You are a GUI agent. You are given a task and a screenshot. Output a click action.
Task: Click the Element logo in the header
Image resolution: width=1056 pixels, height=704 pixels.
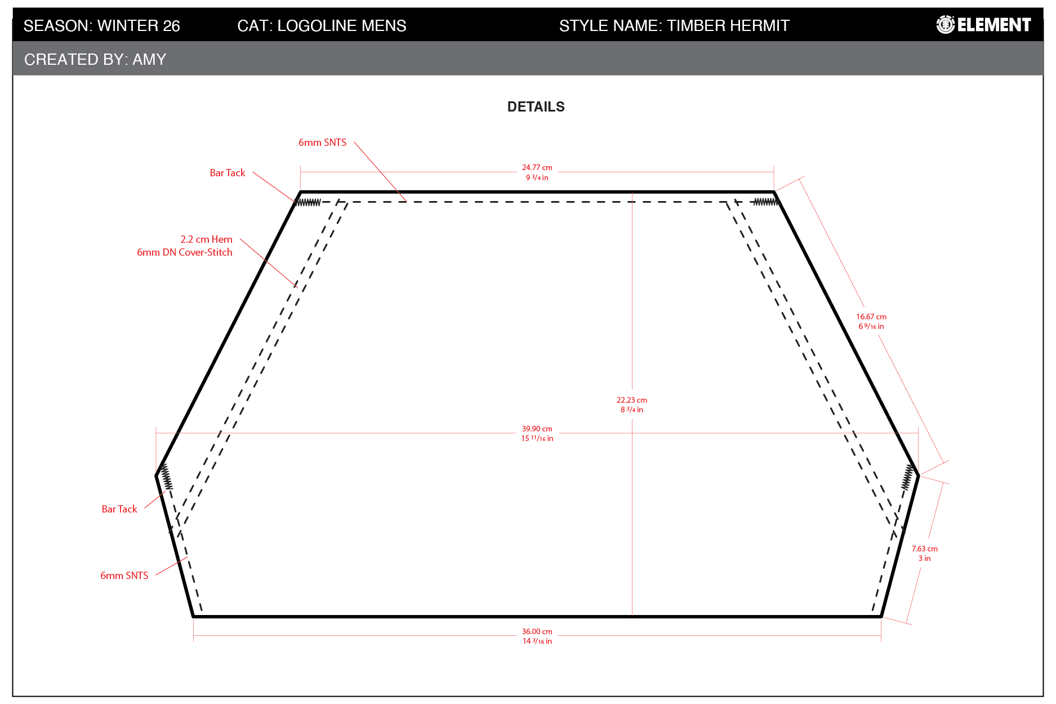point(983,25)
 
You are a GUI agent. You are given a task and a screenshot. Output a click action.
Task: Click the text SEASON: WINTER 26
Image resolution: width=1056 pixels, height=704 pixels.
point(102,26)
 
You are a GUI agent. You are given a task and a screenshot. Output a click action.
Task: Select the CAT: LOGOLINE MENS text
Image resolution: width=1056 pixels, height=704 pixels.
point(322,26)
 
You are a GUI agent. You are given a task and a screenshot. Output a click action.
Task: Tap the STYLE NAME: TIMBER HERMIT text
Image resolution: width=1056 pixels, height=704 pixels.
point(674,26)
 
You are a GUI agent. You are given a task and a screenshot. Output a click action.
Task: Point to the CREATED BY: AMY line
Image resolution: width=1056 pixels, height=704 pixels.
point(95,60)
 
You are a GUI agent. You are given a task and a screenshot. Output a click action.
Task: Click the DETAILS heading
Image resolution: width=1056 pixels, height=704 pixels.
point(536,107)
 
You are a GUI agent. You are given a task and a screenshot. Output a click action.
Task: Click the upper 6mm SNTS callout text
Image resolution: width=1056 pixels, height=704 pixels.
point(323,142)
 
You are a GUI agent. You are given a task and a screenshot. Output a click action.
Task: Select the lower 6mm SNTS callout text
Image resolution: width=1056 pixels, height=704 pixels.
point(124,576)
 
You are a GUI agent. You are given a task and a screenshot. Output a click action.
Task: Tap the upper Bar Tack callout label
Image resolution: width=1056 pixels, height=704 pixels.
point(228,173)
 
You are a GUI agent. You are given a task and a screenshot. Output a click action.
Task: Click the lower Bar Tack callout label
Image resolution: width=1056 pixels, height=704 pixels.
point(119,509)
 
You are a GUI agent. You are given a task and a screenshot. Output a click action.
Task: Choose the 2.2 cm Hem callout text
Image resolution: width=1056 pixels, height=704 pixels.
point(206,239)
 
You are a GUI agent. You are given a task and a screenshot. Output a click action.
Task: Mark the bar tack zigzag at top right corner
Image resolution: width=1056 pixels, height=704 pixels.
point(766,202)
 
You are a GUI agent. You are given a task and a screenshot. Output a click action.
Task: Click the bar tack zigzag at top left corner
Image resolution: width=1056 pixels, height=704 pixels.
point(308,202)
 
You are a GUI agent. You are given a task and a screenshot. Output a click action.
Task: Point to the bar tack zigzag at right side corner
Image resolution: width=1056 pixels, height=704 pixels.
point(907,477)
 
